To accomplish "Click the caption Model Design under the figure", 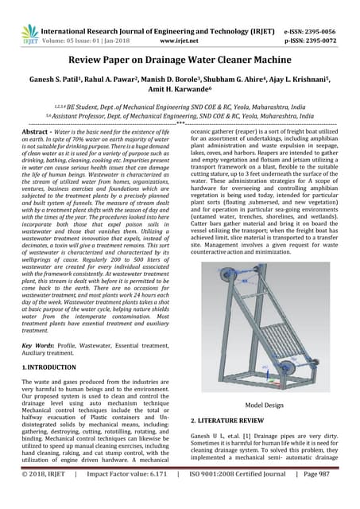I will pyautogui.click(x=263, y=403).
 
